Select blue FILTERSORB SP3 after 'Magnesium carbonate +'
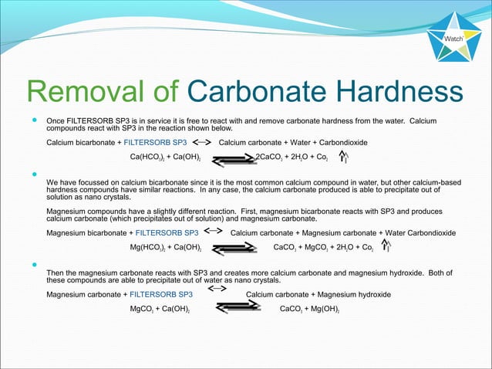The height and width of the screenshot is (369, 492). coord(161,294)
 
